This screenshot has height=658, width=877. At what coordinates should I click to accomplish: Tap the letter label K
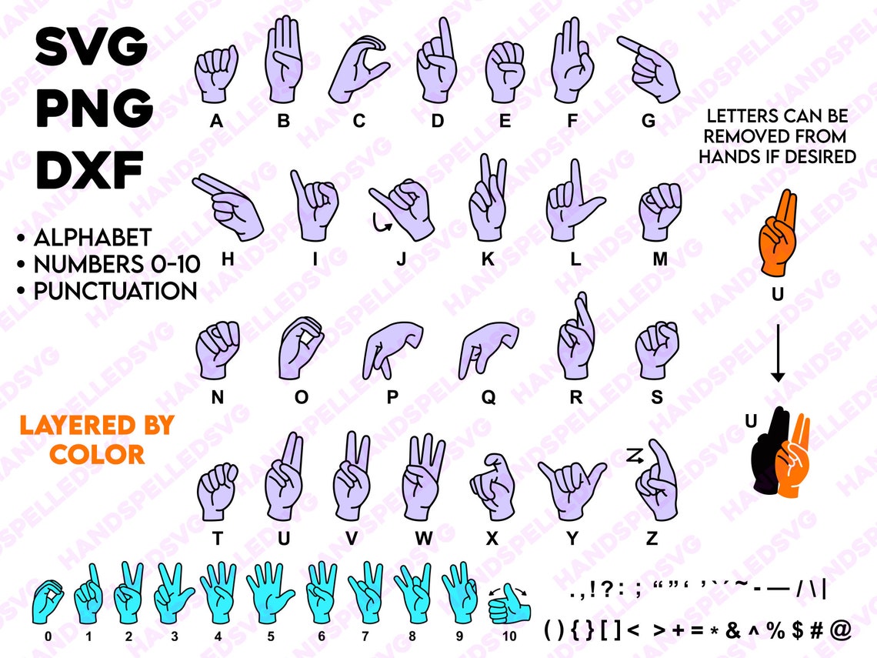[x=488, y=259]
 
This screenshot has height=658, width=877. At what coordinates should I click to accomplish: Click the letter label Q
[x=489, y=397]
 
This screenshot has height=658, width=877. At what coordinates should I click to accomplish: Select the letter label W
[x=424, y=539]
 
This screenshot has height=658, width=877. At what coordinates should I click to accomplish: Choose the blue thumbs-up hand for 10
[x=509, y=606]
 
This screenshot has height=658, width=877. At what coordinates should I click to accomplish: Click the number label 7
[x=365, y=636]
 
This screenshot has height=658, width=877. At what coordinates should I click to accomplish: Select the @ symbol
[x=841, y=630]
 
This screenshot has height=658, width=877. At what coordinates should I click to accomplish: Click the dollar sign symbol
[x=798, y=630]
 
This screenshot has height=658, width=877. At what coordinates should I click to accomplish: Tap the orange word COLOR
[x=97, y=454]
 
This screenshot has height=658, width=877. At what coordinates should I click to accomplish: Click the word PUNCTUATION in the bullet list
[x=115, y=292]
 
